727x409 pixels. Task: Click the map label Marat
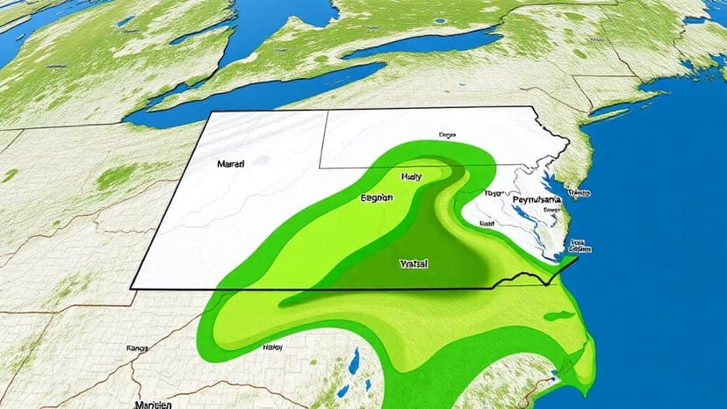231,163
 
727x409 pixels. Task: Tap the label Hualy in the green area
411,176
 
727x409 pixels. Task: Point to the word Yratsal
413,263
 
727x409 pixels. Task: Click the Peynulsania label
537,201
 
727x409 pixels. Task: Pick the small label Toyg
492,193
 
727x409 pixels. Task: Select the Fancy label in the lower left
137,348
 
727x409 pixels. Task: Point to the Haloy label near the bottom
272,347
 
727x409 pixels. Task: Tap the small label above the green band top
447,136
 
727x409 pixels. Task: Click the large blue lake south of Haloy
354,362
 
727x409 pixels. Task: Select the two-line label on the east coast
578,246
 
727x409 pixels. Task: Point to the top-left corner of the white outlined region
211,114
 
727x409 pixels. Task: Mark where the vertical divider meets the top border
327,111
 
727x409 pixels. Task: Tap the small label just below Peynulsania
551,211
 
